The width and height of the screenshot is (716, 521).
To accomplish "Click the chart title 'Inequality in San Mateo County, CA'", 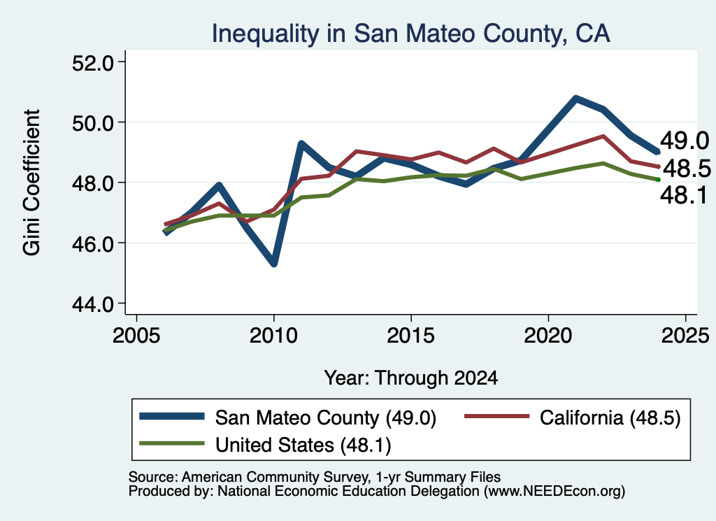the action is pos(410,34).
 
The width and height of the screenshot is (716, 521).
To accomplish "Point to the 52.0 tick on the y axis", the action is pos(93,63).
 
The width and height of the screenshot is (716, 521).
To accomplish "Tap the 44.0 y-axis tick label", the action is pos(93,304).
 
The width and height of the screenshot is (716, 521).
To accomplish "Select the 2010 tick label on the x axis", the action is pos(273,336).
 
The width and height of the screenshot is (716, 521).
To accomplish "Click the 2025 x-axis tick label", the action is pos(685,336).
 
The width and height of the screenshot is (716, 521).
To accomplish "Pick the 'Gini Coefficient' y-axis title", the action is pos(31,183).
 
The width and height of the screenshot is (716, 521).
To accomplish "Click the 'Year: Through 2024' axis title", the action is pos(411,378).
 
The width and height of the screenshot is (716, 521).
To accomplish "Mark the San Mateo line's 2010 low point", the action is pos(274,264).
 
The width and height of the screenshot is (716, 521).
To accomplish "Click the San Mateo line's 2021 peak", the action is pos(576,98).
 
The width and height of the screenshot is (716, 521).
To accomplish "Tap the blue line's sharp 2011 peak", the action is pos(301,144).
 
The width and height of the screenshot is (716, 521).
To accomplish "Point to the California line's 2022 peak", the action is pos(603,136).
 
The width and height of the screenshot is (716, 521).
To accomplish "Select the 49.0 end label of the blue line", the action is pos(685,141).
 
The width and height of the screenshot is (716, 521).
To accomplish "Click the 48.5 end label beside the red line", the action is pos(687,169).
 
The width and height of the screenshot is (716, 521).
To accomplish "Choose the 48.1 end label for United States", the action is pos(684,195).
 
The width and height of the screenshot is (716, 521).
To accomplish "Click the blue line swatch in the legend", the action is pos(172,416).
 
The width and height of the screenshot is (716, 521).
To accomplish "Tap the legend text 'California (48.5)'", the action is pos(610,417).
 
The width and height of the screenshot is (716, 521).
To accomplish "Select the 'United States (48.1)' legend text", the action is pos(303,445).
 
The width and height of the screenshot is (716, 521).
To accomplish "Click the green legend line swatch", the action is pos(172,443).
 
